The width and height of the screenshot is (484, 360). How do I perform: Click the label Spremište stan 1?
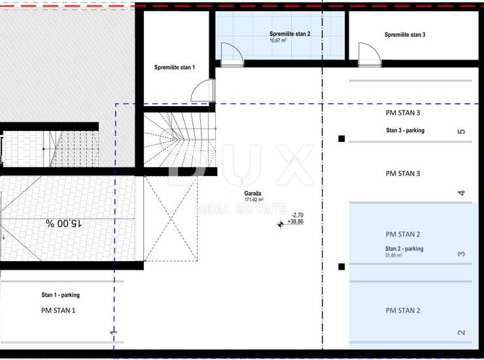(175, 67)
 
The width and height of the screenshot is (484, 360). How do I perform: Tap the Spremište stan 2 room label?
(290, 34)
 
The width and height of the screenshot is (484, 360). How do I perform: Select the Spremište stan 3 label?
(405, 35)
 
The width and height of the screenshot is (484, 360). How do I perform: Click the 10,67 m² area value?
(278, 41)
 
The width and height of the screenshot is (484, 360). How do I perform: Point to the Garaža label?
(252, 194)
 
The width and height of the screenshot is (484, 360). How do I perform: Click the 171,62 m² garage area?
(254, 200)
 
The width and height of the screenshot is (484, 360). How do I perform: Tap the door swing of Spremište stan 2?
(232, 54)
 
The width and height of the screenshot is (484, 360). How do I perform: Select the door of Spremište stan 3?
(369, 54)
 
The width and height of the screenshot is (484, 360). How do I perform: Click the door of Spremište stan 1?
(203, 90)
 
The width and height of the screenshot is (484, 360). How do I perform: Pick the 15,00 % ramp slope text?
(64, 223)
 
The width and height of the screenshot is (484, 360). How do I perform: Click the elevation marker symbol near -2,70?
(281, 225)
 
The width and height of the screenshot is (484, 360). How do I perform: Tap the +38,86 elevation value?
(296, 221)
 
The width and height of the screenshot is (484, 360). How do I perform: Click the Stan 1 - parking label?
(60, 295)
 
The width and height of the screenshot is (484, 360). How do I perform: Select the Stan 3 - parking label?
(405, 130)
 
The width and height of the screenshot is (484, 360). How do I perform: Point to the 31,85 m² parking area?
(393, 255)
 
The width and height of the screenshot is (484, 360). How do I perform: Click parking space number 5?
(461, 132)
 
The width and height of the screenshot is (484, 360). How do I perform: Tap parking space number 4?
(461, 193)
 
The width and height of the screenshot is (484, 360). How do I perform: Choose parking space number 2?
(461, 333)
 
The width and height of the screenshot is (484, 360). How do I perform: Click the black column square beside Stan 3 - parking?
(341, 139)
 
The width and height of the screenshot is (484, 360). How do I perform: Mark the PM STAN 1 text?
(58, 310)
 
